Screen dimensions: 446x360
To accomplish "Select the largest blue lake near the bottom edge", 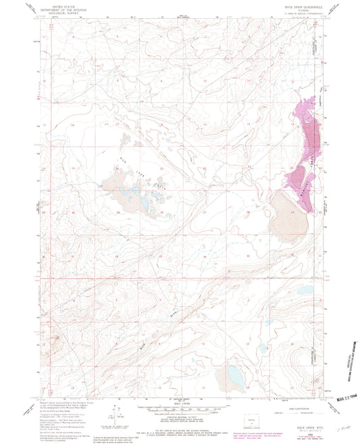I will point(234,373).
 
